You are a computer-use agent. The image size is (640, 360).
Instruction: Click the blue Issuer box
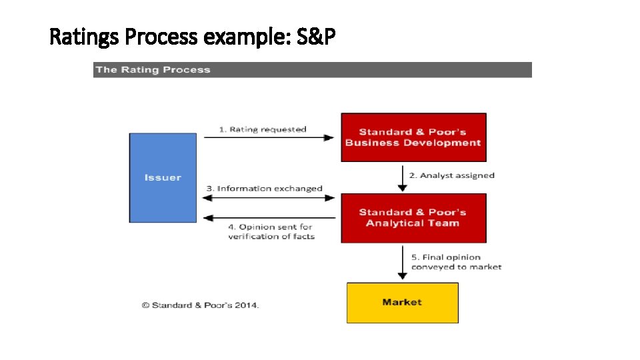click(163, 177)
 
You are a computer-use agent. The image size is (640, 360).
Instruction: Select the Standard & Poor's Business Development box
click(413, 137)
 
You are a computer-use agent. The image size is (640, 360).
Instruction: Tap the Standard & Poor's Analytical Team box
click(413, 218)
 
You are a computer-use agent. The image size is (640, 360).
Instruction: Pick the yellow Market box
click(402, 303)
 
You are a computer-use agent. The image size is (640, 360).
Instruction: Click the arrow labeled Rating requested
click(268, 138)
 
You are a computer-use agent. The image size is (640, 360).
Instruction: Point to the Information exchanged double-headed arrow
click(268, 197)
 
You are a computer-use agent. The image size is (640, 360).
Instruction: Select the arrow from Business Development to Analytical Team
click(402, 177)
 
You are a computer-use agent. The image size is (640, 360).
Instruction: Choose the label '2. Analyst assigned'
click(452, 175)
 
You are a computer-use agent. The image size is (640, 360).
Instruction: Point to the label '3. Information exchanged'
click(265, 189)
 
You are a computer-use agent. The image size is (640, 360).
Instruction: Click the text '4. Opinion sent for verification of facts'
click(271, 231)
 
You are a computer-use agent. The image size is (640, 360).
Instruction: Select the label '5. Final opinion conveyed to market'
click(456, 262)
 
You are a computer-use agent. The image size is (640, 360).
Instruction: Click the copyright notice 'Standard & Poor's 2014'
click(200, 305)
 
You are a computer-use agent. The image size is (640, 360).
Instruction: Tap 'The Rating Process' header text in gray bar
click(153, 70)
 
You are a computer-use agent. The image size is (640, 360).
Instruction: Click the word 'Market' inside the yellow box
click(402, 303)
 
